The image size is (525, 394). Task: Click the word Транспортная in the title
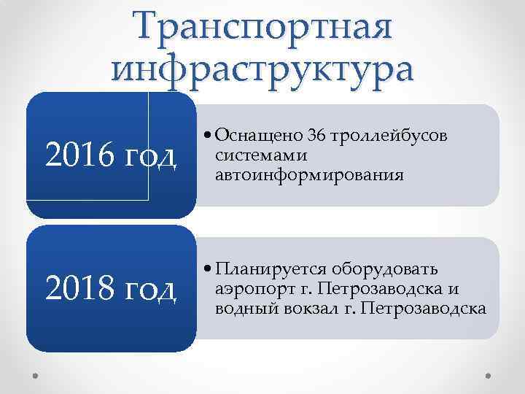point(262,28)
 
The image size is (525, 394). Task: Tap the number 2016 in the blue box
point(72,155)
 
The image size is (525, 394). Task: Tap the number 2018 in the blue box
point(72,288)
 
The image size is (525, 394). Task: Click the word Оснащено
point(260,136)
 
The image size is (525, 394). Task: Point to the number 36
point(317,136)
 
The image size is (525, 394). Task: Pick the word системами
point(252,155)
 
